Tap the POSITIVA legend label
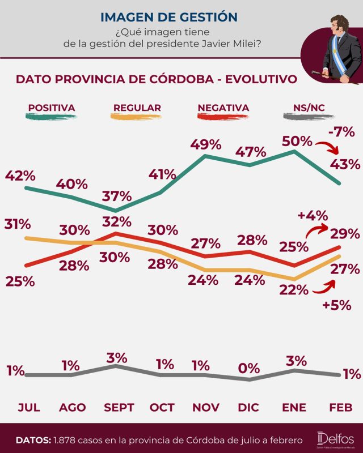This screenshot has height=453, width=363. (x=52, y=108)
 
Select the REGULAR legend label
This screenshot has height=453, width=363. (x=137, y=108)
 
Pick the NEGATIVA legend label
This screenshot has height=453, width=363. (x=223, y=108)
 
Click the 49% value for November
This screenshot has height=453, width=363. (x=205, y=144)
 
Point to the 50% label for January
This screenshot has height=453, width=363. (x=297, y=140)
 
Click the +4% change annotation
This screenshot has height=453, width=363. (x=311, y=215)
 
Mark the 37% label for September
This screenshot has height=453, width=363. (x=116, y=196)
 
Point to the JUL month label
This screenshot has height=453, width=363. (x=29, y=407)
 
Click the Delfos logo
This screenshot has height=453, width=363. (x=336, y=439)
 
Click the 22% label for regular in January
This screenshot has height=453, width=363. (x=294, y=290)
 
